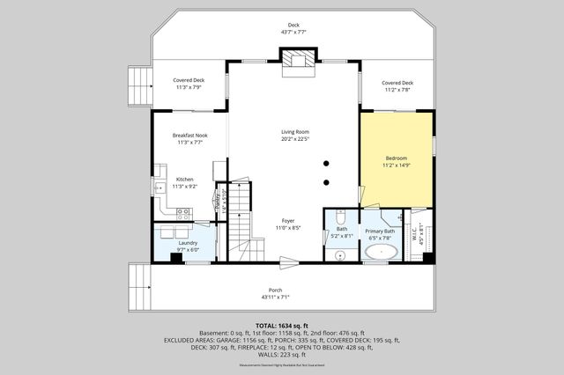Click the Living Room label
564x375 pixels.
[x=295, y=132]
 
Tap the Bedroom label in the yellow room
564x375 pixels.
[x=397, y=158]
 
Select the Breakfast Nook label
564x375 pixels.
[x=190, y=135]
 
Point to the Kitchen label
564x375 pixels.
[x=184, y=179]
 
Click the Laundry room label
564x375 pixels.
[x=188, y=242]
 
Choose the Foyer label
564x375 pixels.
[x=287, y=220]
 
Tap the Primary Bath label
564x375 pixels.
[x=381, y=231]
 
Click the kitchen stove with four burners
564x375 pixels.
[x=184, y=212]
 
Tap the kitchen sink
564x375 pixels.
[x=159, y=187]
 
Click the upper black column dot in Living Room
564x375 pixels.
[x=326, y=163]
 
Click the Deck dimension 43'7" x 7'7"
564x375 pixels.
[x=293, y=32]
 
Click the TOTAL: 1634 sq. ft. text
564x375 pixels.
[x=281, y=325]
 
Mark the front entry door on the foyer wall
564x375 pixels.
[x=288, y=260]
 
